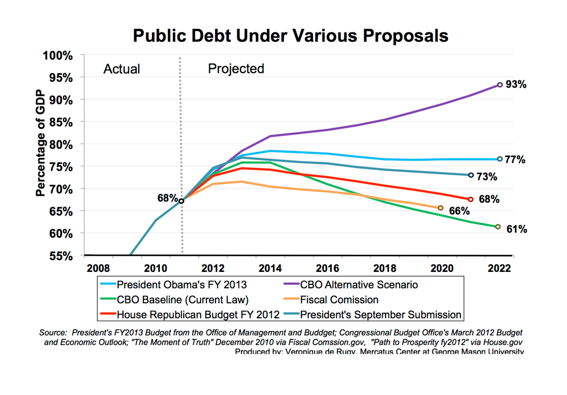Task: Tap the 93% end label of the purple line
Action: pos(516,85)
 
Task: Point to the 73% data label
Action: pos(486,177)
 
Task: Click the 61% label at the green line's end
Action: pos(516,229)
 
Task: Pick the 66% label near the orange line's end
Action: pos(458,211)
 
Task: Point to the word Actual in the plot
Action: pos(121,69)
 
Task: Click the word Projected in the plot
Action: pos(236,69)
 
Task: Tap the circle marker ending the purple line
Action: pos(500,85)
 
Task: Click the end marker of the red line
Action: pos(471,199)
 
